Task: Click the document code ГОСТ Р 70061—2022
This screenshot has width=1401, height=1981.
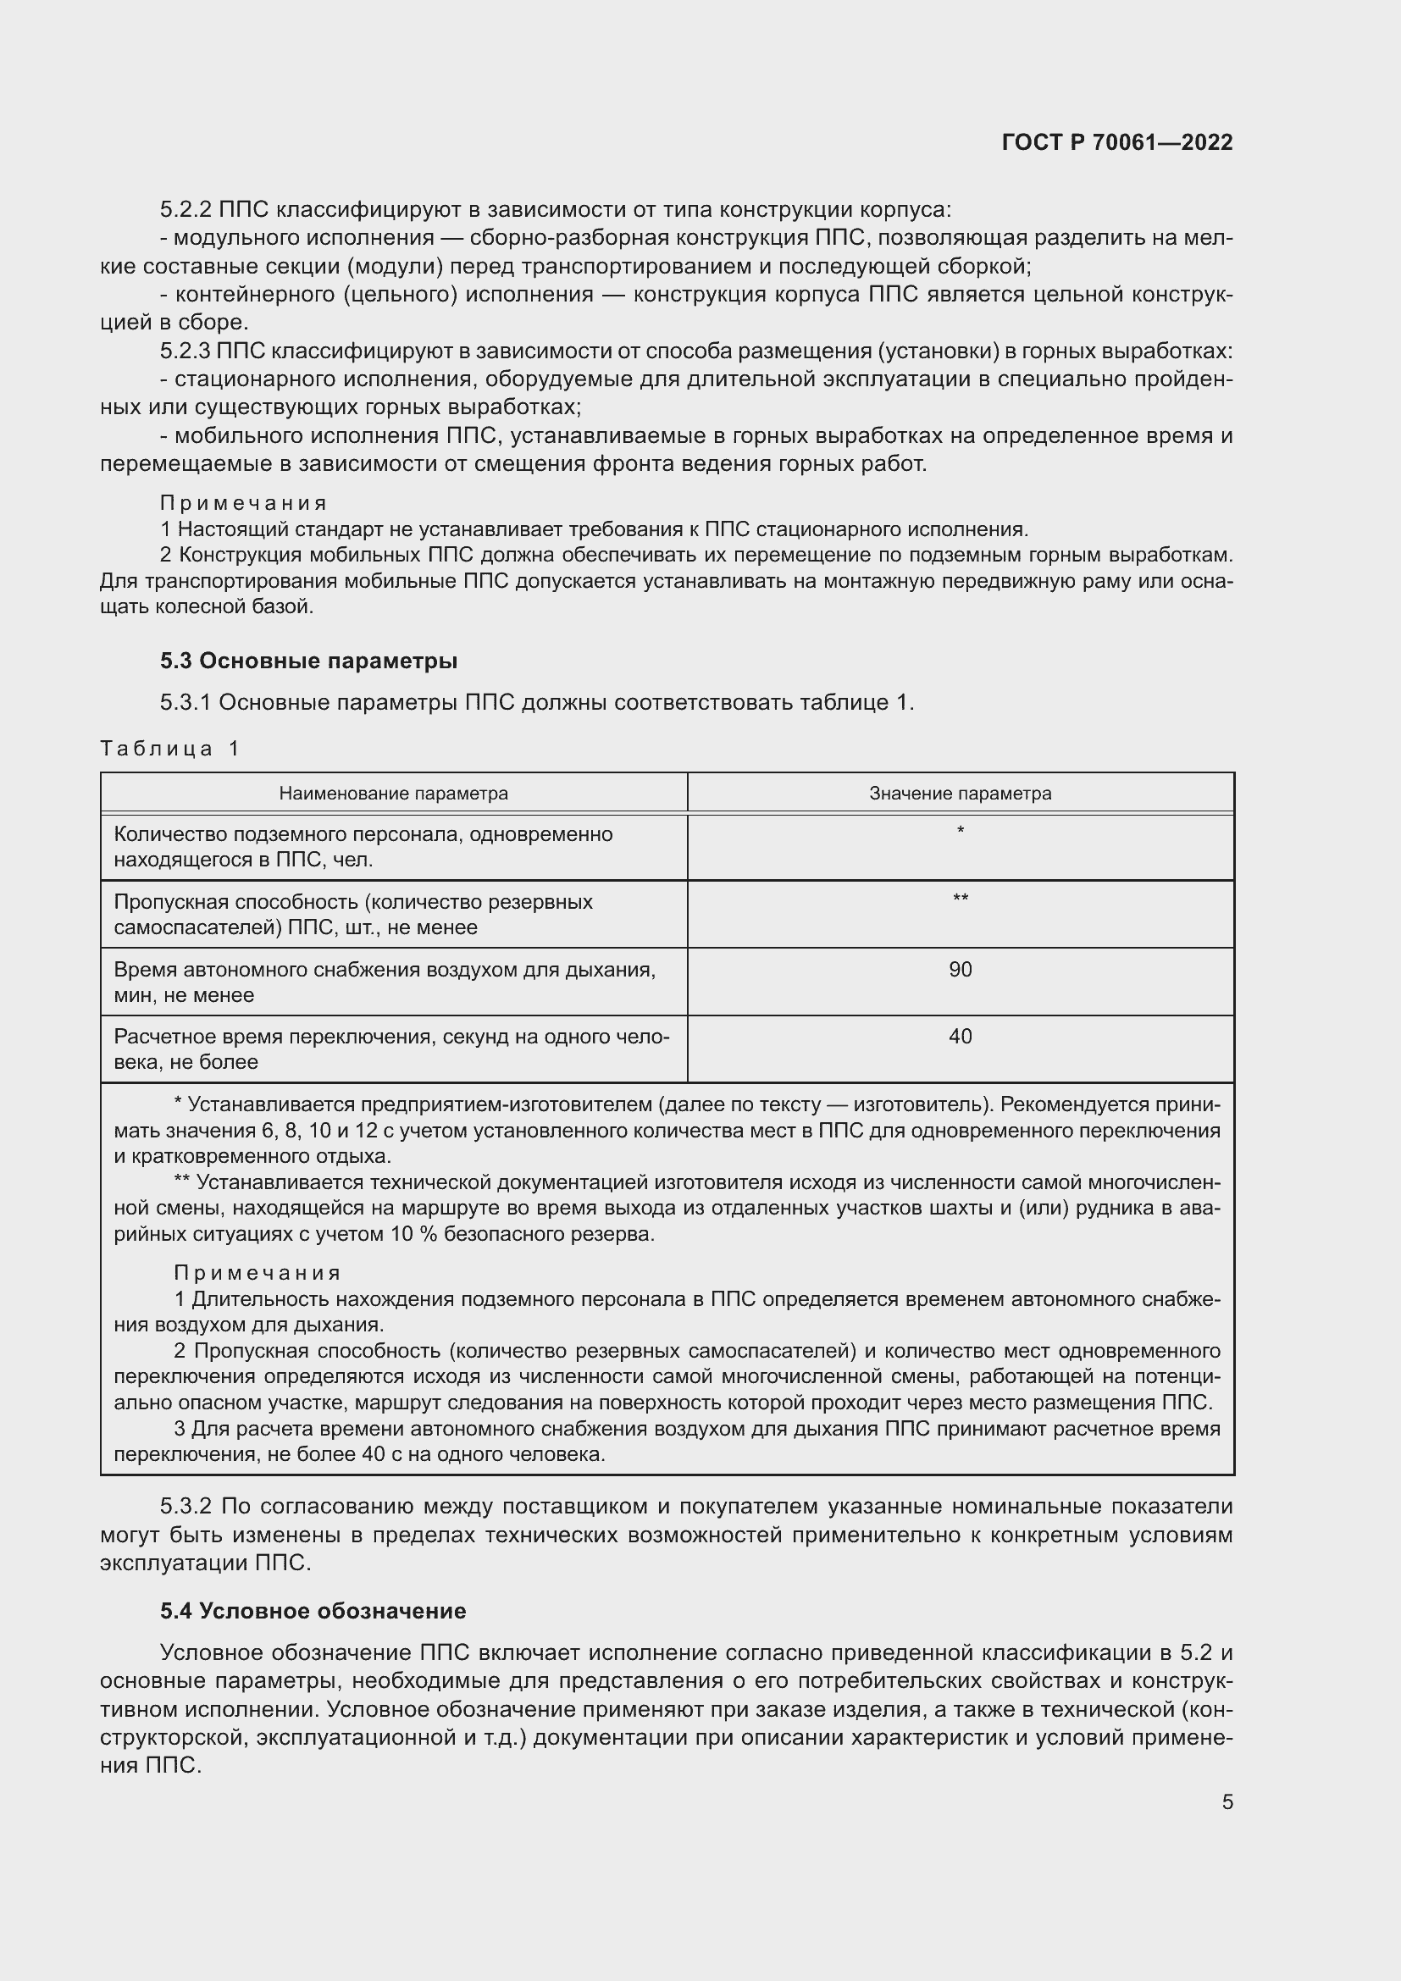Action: [x=1116, y=143]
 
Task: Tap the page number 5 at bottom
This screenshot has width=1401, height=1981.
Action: [x=1227, y=1802]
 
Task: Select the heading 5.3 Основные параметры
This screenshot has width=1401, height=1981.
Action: [x=308, y=661]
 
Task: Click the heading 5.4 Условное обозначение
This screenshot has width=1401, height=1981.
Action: [x=313, y=1611]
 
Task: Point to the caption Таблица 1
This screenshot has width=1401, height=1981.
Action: [x=169, y=748]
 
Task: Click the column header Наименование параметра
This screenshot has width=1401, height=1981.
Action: [x=393, y=793]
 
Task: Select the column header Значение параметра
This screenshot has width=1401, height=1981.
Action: [x=960, y=793]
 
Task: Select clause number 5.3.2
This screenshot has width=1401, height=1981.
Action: [x=186, y=1507]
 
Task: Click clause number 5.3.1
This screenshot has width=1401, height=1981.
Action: [x=186, y=702]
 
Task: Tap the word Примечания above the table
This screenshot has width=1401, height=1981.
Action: [x=243, y=503]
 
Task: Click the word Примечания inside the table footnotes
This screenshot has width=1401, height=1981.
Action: [x=257, y=1274]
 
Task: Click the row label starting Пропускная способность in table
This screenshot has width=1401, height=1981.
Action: [x=353, y=914]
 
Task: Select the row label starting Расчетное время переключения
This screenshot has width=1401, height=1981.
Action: [x=390, y=1049]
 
